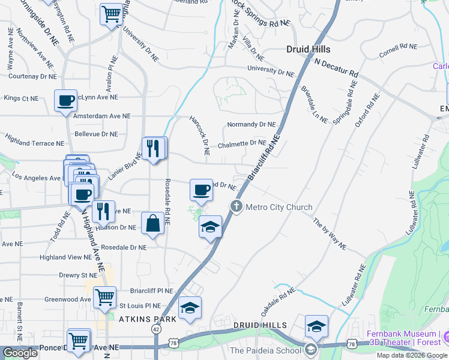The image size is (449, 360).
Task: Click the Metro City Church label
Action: click(279, 208)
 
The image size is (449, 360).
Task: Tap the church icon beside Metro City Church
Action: click(237, 207)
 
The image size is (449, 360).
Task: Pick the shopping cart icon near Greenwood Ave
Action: click(104, 296)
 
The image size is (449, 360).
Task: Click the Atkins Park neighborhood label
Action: click(146, 319)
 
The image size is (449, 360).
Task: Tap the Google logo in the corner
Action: click(20, 353)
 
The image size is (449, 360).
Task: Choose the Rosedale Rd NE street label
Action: click(167, 202)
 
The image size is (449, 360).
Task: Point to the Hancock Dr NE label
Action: click(199, 135)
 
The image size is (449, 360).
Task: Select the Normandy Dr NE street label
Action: click(251, 125)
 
